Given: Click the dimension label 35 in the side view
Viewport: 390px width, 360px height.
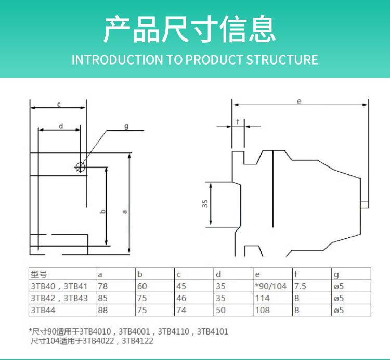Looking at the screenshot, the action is (205, 203).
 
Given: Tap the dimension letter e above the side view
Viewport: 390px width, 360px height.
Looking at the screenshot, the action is (299, 101).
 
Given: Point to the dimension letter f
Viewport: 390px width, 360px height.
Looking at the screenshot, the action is (238, 122).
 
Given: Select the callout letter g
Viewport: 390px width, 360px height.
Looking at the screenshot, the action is (126, 126).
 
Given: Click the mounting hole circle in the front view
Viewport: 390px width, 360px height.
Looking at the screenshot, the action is (80, 167).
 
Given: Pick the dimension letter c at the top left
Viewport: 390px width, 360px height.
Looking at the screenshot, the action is (59, 104).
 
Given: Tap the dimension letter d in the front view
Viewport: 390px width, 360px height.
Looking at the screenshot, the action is (61, 126).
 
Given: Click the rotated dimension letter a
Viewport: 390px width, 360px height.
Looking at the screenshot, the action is (125, 212).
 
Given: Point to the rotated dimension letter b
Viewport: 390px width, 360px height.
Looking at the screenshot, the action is (103, 212).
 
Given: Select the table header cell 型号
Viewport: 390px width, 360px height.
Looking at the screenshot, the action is (39, 274).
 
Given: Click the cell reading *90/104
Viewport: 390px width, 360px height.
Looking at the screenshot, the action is (270, 286).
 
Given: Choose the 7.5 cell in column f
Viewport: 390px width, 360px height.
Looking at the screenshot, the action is (300, 286).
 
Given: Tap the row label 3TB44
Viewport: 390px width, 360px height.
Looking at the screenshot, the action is (43, 310).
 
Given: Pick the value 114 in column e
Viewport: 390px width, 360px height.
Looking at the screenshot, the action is (263, 298).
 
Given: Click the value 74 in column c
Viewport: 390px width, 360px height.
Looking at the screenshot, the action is (181, 310).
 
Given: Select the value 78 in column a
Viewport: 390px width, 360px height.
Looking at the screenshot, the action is (103, 286).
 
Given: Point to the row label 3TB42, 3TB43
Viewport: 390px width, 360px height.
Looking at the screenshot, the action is (59, 298).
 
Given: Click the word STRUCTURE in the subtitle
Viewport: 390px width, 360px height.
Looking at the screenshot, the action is (282, 60).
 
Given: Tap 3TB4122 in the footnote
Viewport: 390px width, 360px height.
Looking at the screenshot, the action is (138, 341).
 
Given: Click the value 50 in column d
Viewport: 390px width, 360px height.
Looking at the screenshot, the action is (220, 310).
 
